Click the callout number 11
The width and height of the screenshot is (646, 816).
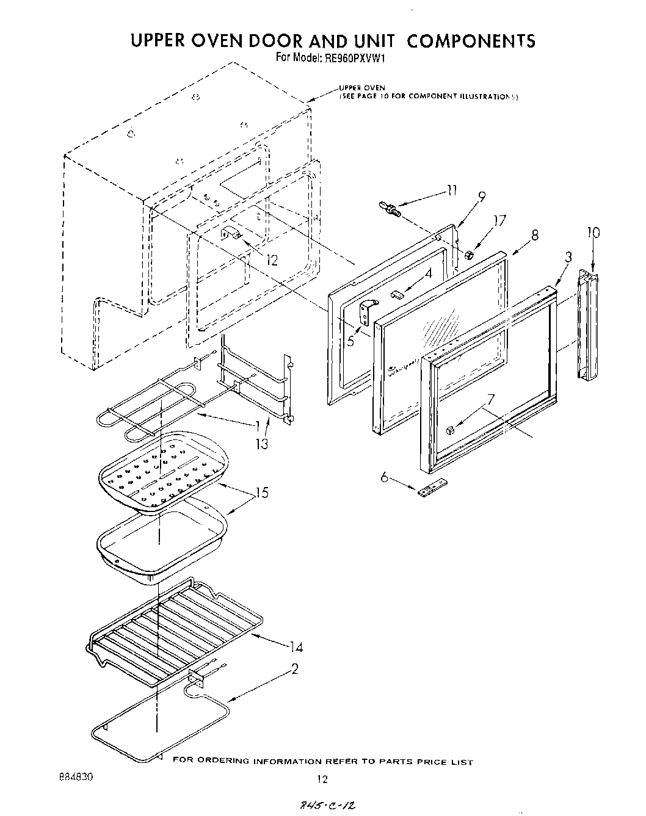click(x=451, y=190)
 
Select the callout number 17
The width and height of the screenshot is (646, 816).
click(x=499, y=222)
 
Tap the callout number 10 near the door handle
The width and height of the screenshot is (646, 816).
click(x=593, y=233)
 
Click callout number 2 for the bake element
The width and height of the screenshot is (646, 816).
click(x=294, y=670)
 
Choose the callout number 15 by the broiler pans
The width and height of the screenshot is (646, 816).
click(x=261, y=492)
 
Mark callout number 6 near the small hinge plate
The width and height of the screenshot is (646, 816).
click(x=384, y=477)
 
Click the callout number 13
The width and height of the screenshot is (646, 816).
click(x=261, y=444)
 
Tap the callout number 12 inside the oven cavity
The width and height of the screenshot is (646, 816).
click(x=272, y=261)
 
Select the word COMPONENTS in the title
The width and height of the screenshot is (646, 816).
click(x=470, y=40)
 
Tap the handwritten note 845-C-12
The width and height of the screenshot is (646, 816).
click(x=324, y=807)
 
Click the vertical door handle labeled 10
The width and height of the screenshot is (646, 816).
click(x=589, y=327)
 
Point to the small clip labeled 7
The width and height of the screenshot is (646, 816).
click(x=450, y=430)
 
